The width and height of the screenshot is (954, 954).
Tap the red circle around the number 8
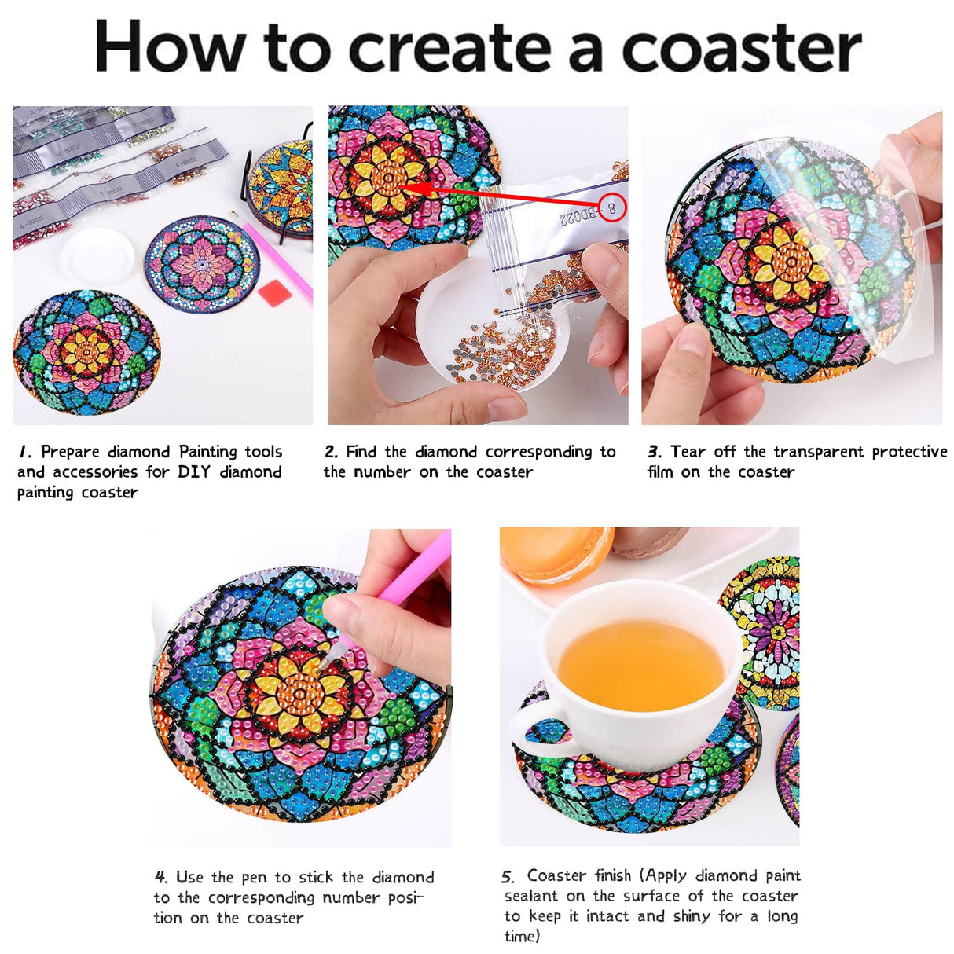pyautogui.click(x=611, y=208)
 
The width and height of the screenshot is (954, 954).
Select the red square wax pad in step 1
pyautogui.click(x=274, y=293)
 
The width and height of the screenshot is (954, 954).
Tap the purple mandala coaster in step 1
pyautogui.click(x=202, y=262)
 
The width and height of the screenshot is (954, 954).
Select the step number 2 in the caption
pyautogui.click(x=331, y=452)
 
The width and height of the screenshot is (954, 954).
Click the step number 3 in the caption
pyautogui.click(x=654, y=452)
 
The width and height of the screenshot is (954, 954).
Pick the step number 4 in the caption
pyautogui.click(x=161, y=877)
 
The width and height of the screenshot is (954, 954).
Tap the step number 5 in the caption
pyautogui.click(x=508, y=876)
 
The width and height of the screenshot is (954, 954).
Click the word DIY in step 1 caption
pyautogui.click(x=193, y=471)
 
